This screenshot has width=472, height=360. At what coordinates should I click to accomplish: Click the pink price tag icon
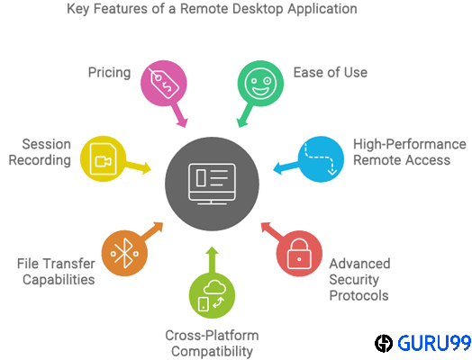click(x=164, y=84)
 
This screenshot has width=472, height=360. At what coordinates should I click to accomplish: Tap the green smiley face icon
click(x=260, y=84)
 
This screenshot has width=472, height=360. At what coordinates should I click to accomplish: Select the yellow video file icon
click(x=103, y=158)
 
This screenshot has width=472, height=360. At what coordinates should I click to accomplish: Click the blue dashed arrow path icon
click(x=321, y=158)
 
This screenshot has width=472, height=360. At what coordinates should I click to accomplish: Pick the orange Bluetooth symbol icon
click(x=124, y=254)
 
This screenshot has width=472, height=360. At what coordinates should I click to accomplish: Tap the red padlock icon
click(x=299, y=254)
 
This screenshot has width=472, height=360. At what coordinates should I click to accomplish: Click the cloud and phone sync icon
click(x=212, y=295)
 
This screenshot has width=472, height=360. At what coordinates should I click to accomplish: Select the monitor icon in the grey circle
click(x=212, y=184)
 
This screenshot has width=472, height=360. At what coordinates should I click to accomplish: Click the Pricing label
click(x=109, y=73)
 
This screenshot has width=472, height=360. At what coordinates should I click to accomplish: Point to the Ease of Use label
click(x=331, y=73)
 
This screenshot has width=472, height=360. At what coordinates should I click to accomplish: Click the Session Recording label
click(x=40, y=152)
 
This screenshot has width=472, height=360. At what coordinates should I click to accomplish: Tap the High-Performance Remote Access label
click(x=409, y=152)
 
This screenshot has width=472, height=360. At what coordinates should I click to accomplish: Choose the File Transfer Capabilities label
click(x=56, y=272)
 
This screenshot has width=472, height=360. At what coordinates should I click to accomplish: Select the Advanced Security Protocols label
click(x=359, y=280)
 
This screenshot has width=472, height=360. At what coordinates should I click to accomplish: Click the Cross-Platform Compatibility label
click(x=212, y=344)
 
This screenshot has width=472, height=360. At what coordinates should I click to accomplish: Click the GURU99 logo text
click(x=434, y=343)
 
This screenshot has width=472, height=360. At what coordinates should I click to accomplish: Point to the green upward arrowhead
click(x=213, y=251)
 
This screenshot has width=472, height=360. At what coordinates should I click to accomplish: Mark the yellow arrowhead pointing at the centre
click(x=147, y=168)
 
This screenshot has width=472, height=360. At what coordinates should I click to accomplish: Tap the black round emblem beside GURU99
click(x=384, y=343)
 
